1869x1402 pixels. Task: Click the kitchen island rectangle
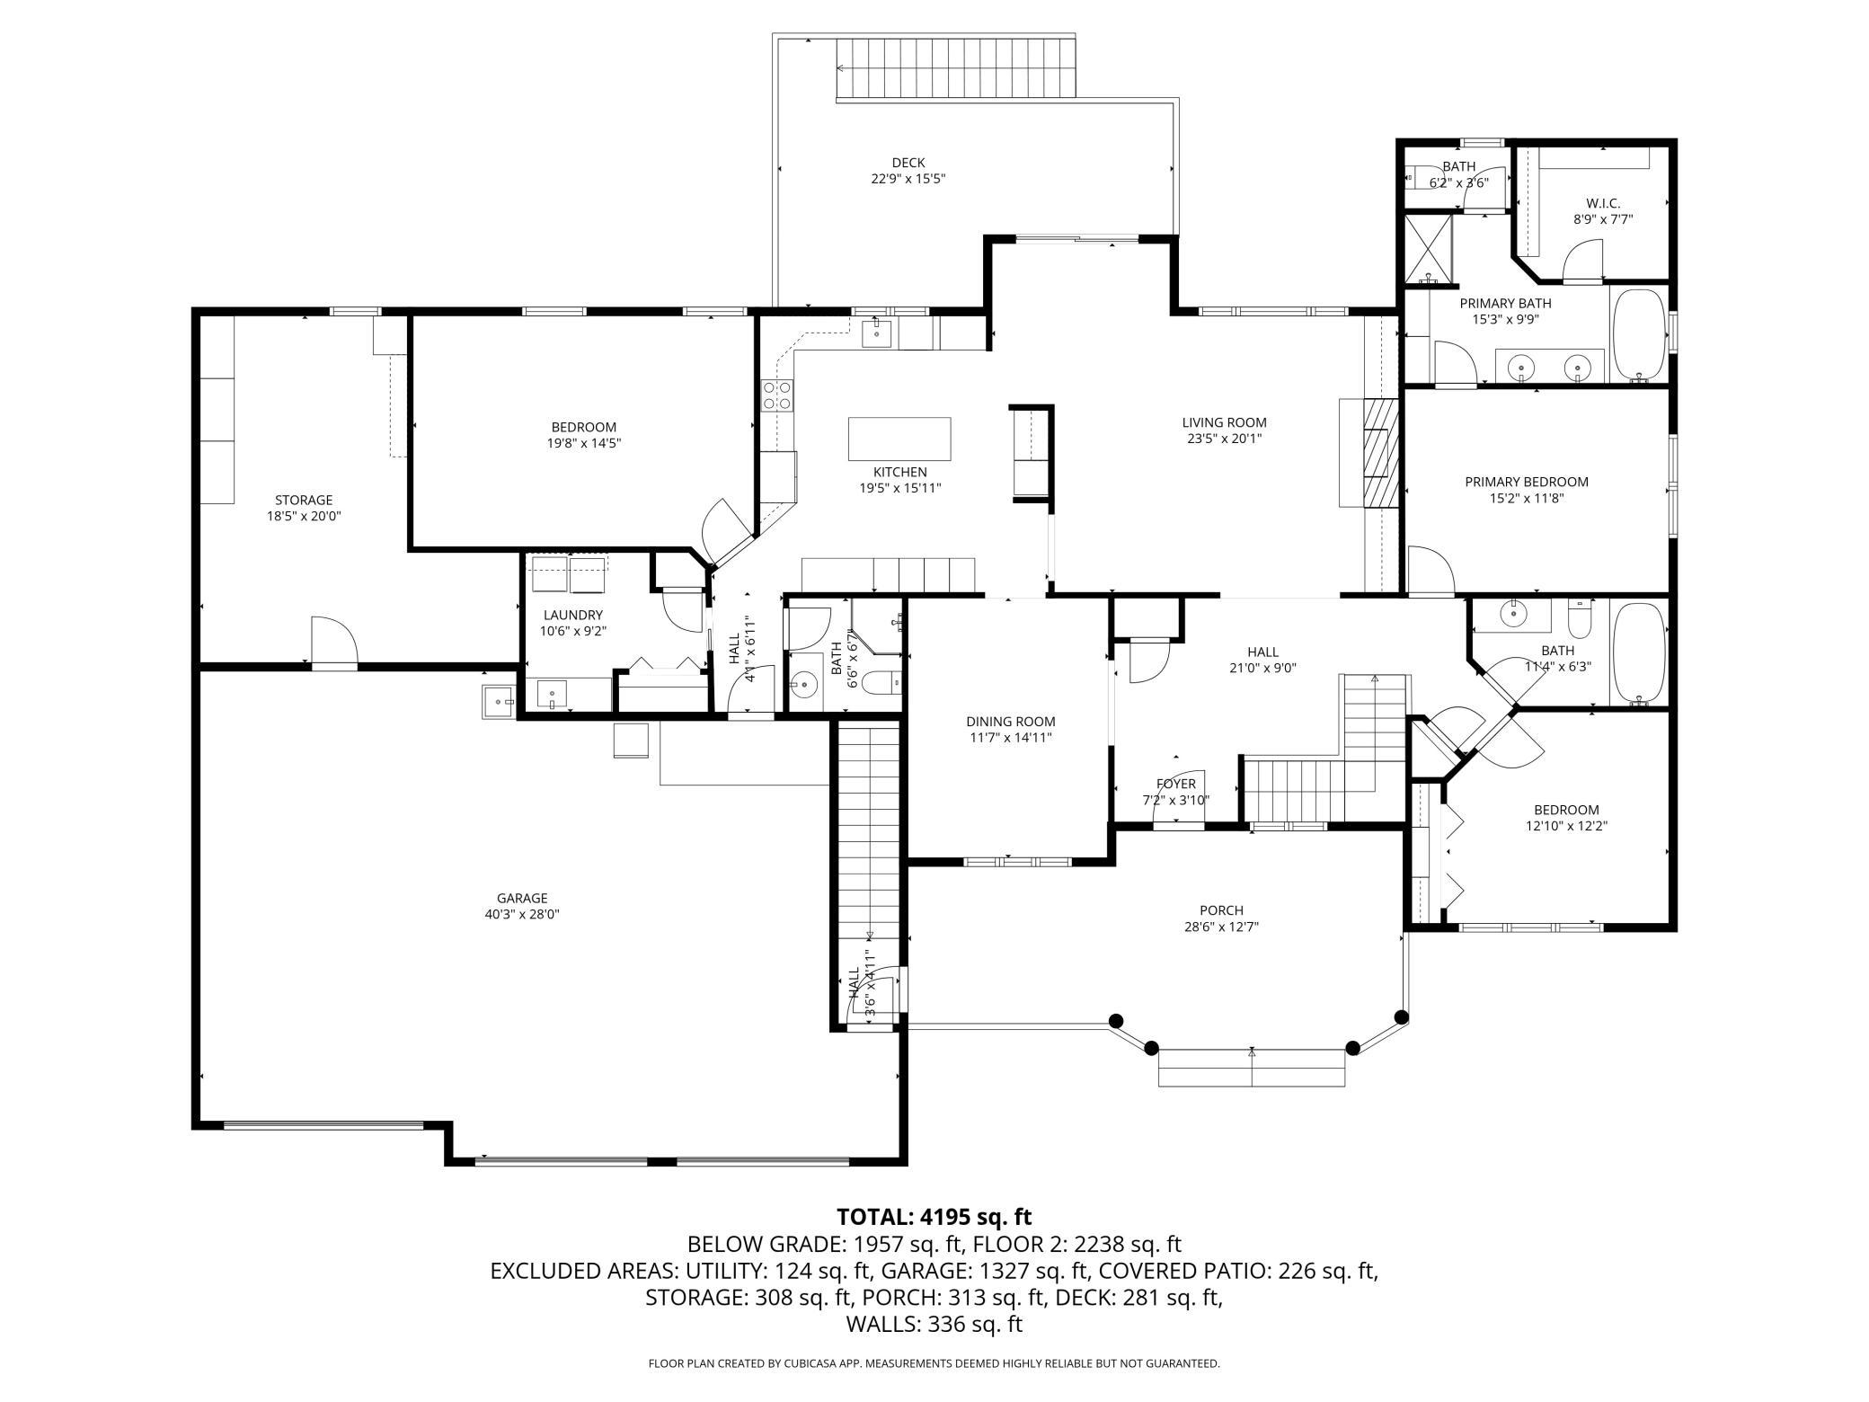[899, 439]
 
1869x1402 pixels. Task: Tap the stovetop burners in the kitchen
[778, 395]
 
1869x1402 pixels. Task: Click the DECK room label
[908, 163]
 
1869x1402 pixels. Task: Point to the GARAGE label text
[522, 898]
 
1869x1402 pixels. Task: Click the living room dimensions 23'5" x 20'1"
[1224, 439]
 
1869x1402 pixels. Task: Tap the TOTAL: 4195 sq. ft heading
[934, 1217]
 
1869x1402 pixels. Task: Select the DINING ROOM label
[1011, 722]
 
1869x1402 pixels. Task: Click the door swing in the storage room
[334, 640]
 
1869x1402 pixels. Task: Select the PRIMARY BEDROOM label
[1527, 482]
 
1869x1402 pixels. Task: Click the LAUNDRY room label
[572, 615]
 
